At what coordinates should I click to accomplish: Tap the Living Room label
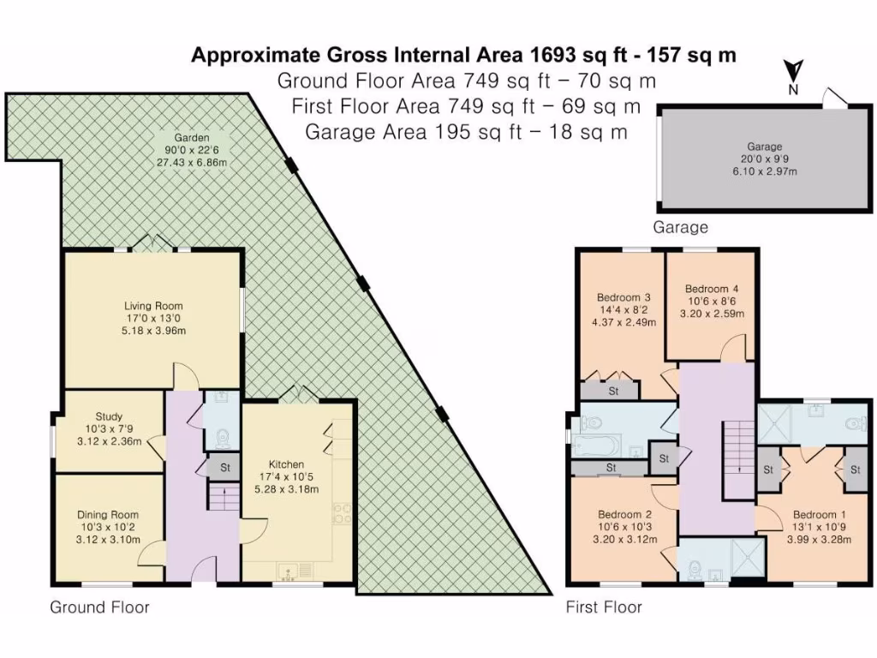point(153,306)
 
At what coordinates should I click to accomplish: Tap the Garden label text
point(191,138)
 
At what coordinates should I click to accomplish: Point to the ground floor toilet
point(222,438)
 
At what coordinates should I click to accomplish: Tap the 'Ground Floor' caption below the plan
point(99,607)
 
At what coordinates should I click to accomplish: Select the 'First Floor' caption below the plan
point(604,607)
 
